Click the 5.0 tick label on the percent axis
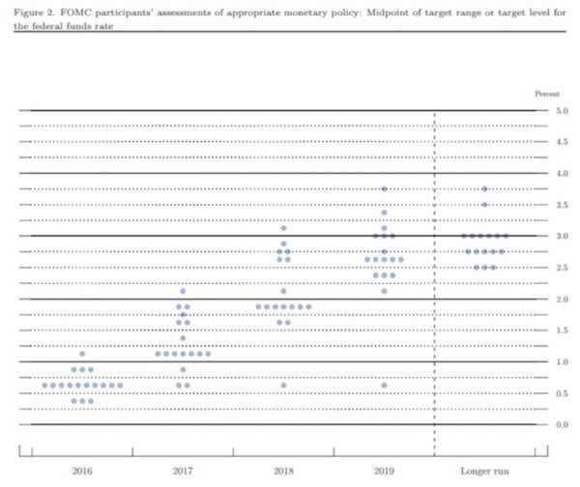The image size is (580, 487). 563,111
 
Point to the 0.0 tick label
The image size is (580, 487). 563,424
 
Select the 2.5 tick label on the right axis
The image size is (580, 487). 563,268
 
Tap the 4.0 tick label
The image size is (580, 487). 563,174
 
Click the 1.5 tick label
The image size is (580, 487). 563,330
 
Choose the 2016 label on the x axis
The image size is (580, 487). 81,471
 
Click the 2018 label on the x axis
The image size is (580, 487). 283,471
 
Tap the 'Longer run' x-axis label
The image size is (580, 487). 485,471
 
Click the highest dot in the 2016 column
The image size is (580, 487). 82,354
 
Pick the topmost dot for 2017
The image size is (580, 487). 183,291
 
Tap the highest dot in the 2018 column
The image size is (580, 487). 283,228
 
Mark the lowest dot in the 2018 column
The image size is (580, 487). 283,385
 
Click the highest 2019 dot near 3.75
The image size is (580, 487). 384,188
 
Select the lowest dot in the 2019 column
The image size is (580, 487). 384,385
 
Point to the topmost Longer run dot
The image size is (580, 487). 484,188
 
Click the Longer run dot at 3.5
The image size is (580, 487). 484,204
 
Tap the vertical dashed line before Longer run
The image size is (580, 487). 434,290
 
